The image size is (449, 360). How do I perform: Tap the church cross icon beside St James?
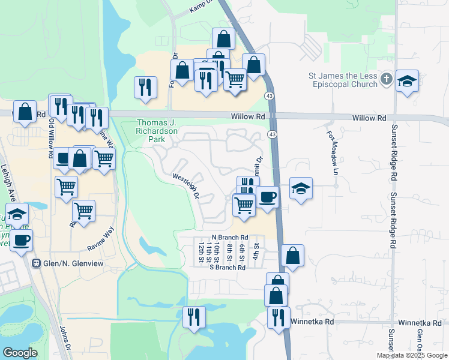pos(387,79)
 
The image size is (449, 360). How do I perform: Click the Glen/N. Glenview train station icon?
pos(37,263)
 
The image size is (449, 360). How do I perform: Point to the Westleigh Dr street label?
pos(186,186)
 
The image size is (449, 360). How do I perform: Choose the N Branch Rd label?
pos(230,238)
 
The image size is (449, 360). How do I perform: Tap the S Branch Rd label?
pos(228,268)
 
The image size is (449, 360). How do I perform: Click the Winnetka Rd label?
pos(312,322)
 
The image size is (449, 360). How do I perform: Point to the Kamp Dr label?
pos(202,6)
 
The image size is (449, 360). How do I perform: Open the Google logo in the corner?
pos(20,353)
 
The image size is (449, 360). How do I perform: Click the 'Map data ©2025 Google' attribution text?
pos(412,355)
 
